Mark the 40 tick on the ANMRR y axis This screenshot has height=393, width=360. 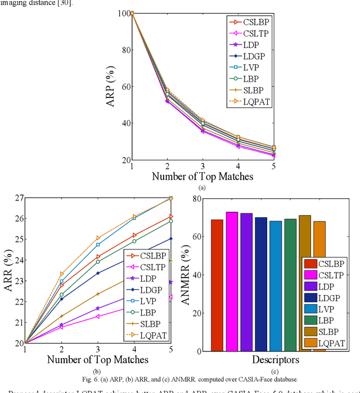199,275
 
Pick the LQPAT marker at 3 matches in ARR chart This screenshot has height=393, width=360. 98,238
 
